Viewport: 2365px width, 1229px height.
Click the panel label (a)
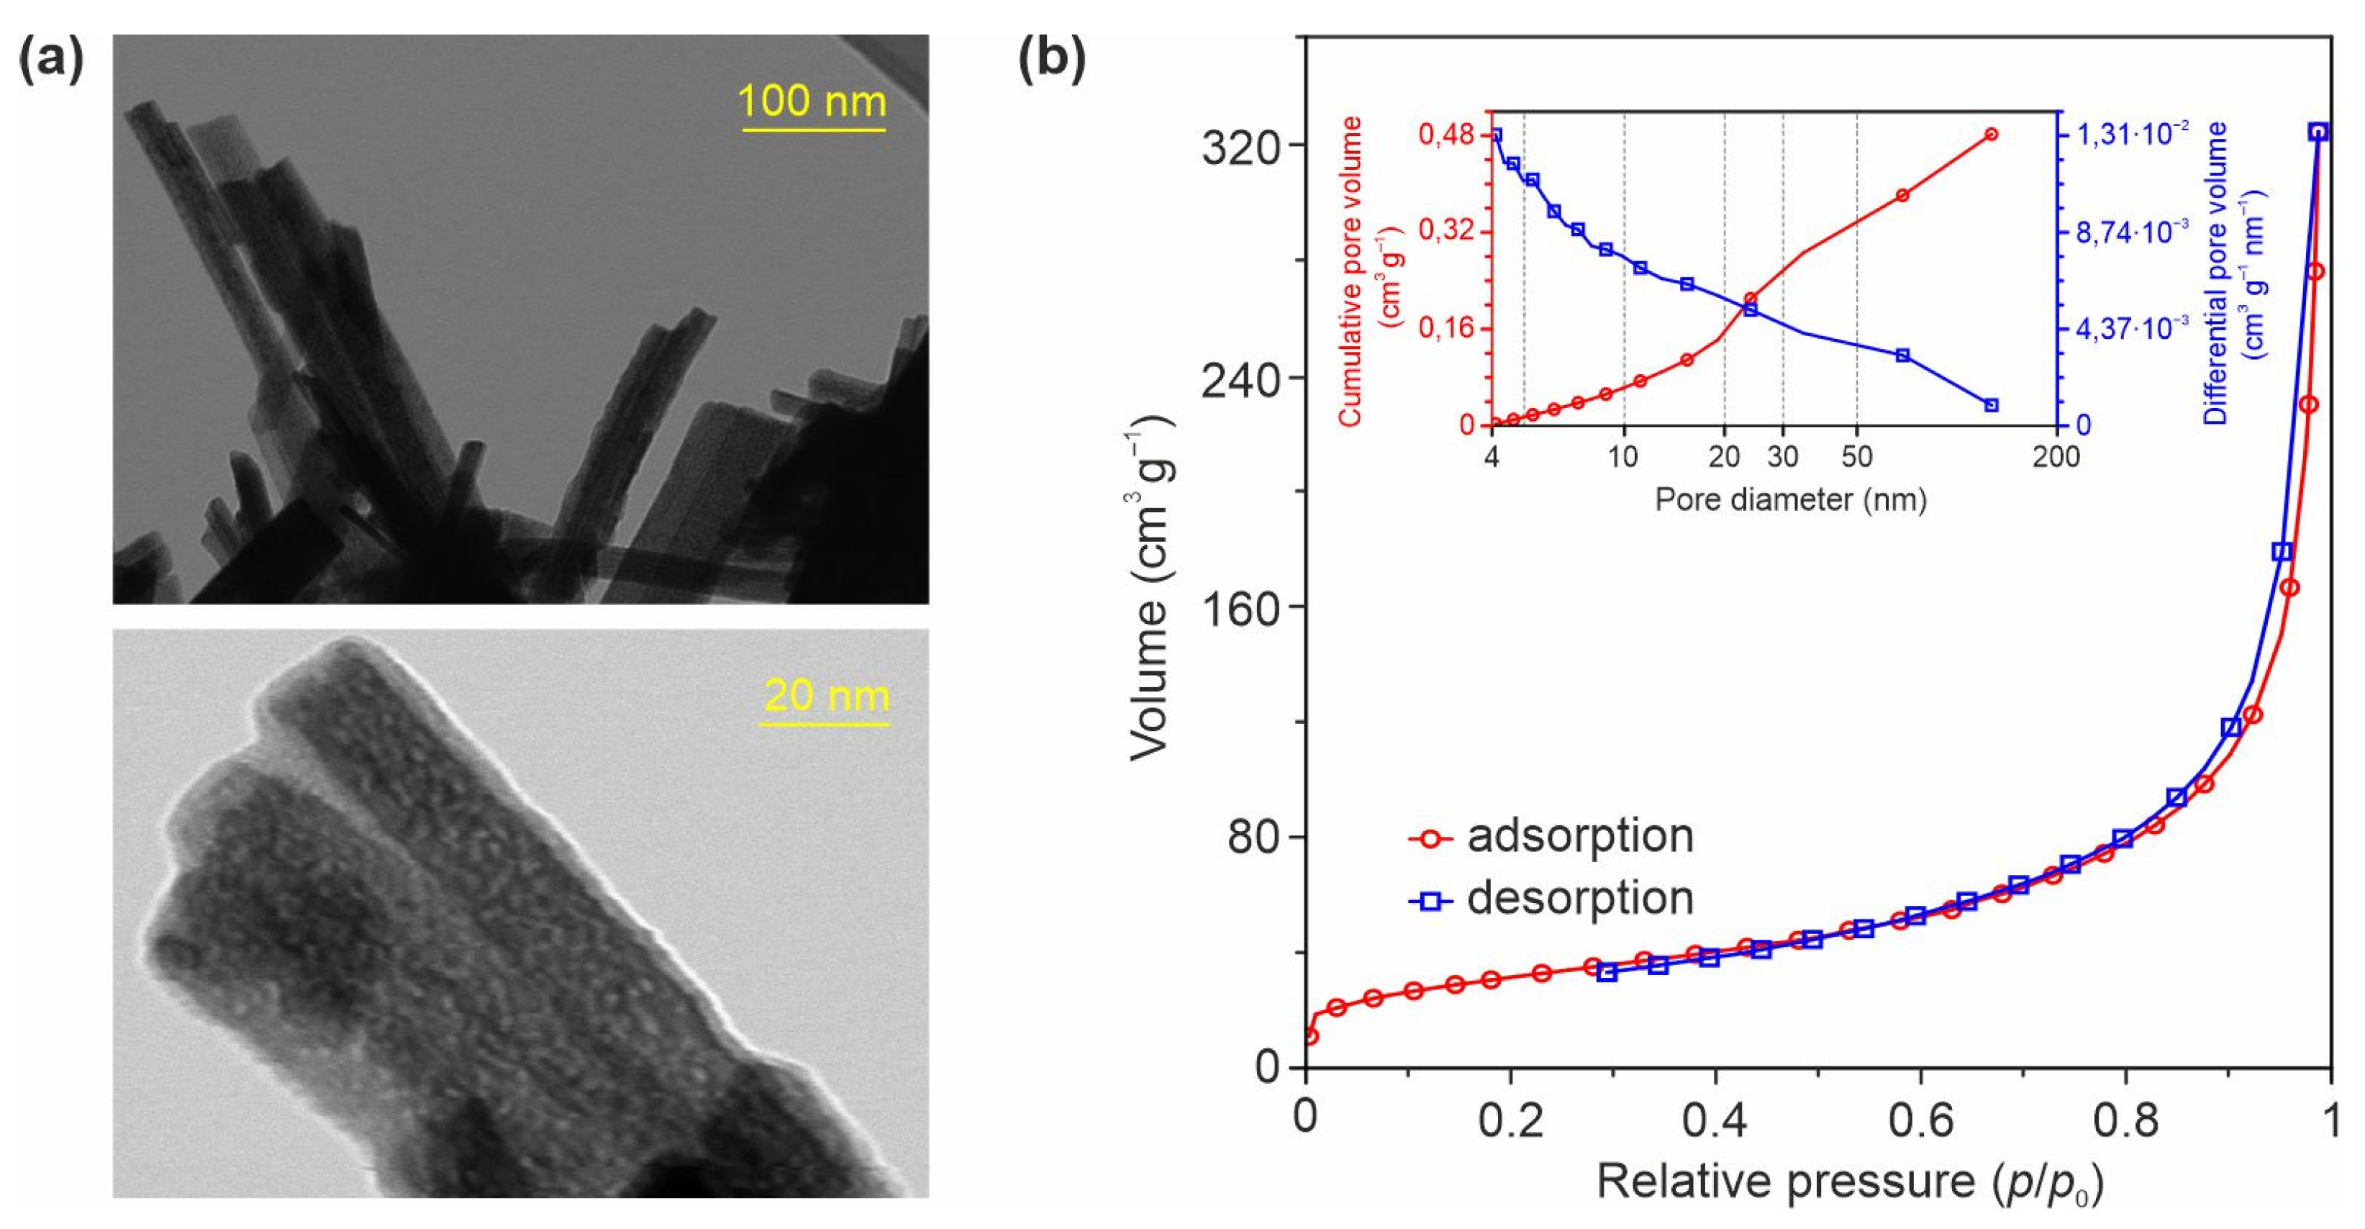pyautogui.click(x=51, y=60)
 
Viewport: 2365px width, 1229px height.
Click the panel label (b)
pyautogui.click(x=1052, y=60)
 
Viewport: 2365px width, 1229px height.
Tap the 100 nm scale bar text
pyautogui.click(x=812, y=101)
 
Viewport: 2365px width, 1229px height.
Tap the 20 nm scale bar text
pyautogui.click(x=826, y=696)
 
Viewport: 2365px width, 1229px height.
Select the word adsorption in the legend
pyautogui.click(x=1580, y=836)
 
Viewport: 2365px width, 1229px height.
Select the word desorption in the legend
pyautogui.click(x=1580, y=897)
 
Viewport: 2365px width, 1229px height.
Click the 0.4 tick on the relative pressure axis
pyautogui.click(x=1714, y=1123)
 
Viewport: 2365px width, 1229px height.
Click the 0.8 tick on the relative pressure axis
pyautogui.click(x=2123, y=1123)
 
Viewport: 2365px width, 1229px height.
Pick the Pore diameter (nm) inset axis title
pyautogui.click(x=1790, y=499)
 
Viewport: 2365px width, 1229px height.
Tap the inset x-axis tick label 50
pyautogui.click(x=1856, y=456)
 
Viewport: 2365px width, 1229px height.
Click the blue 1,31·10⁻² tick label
pyautogui.click(x=2133, y=134)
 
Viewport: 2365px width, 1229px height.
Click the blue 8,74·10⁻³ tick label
pyautogui.click(x=2133, y=232)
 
